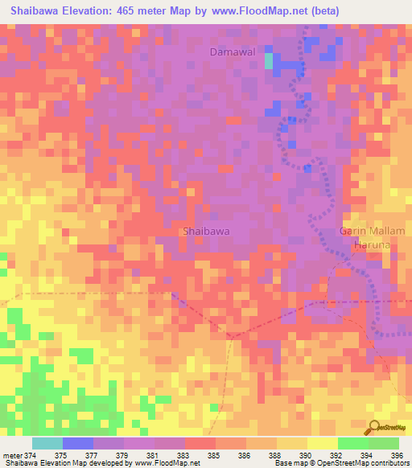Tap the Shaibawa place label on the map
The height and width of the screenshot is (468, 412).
205,231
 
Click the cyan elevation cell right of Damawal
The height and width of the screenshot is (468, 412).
269,61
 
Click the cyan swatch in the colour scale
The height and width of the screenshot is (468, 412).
47,443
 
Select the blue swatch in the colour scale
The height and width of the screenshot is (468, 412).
77,443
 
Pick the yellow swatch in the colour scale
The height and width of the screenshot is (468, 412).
322,443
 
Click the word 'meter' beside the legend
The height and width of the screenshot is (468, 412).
13,454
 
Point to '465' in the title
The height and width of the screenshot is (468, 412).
134,10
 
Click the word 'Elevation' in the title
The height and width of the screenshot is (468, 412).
90,10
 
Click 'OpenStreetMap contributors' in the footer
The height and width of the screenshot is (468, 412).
371,463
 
